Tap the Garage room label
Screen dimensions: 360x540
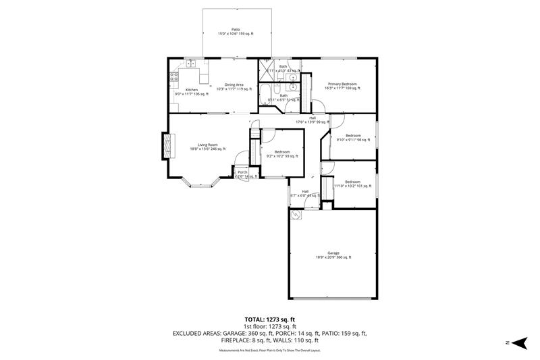click(333, 254)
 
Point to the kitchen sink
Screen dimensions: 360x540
click(192, 63)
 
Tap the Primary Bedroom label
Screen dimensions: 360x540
click(341, 85)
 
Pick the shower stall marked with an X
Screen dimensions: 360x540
click(265, 70)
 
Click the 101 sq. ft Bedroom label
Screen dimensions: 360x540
click(352, 183)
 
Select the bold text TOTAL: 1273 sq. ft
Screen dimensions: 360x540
click(269, 319)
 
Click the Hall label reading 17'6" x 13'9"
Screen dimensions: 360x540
click(313, 120)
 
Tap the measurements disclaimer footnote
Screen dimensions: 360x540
click(269, 350)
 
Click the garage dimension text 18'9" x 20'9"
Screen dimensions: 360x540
click(333, 257)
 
